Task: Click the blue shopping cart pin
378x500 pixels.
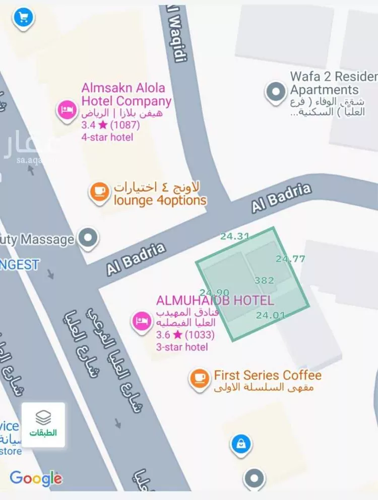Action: coord(23,18)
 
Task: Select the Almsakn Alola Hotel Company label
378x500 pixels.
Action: coord(126,94)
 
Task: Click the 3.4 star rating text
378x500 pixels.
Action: coord(110,125)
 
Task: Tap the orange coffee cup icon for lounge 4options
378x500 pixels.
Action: coord(99,192)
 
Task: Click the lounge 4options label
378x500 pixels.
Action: coord(160,200)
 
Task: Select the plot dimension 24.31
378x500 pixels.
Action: coord(235,236)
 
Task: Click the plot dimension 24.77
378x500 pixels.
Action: coord(290,259)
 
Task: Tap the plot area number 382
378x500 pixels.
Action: coord(264,281)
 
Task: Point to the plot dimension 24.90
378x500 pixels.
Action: coord(214,293)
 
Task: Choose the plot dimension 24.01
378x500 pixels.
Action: coord(270,315)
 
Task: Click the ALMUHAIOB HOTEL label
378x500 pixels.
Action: coord(215,301)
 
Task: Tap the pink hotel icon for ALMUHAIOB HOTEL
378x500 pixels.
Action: coord(141,321)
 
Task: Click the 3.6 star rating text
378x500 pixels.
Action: coord(185,335)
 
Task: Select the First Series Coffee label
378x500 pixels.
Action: coord(267,375)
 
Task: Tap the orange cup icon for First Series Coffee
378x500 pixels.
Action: coord(200,378)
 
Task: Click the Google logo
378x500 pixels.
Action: coord(36,477)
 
